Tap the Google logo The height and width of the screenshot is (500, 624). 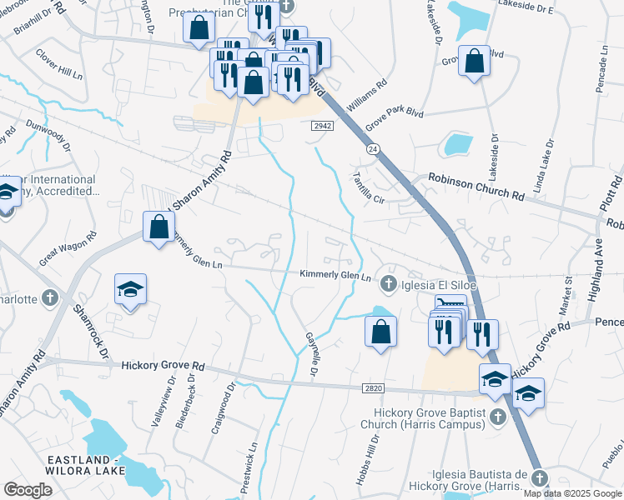28,490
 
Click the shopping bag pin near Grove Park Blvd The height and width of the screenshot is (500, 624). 474,62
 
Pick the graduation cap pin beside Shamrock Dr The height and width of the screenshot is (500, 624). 130,291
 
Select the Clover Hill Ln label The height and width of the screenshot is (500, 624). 58,63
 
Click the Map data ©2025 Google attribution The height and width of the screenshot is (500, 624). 573,493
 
